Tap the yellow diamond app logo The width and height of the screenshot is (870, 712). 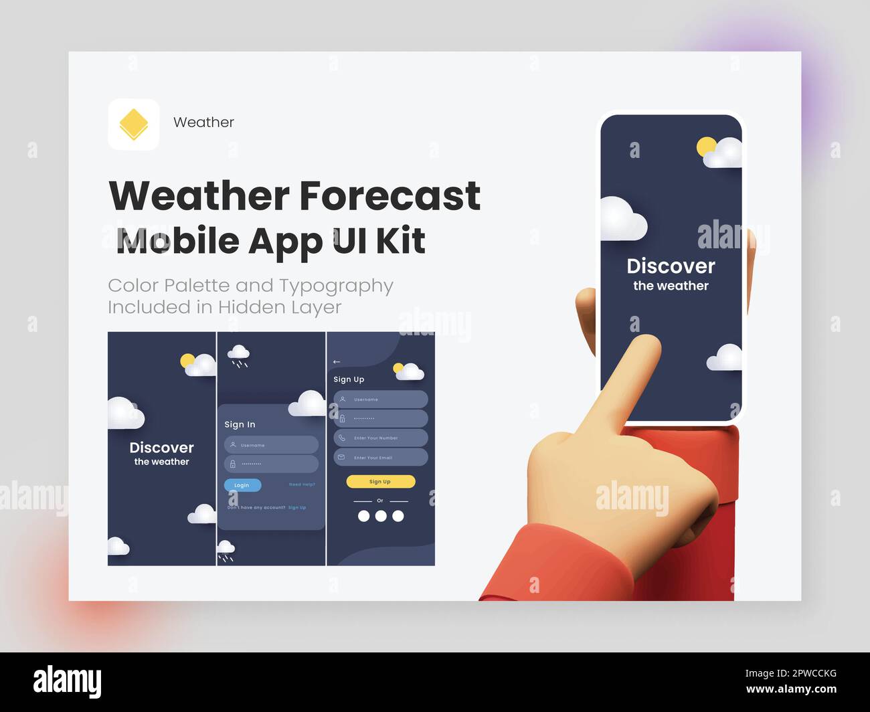point(133,124)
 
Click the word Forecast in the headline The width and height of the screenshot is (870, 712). point(389,195)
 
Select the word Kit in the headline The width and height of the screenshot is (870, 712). point(400,241)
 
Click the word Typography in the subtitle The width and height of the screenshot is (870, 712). point(336,286)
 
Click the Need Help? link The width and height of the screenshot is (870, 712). point(302,484)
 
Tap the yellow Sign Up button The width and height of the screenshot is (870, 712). point(380,481)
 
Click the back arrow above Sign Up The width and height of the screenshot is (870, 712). point(337,362)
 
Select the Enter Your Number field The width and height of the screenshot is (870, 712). point(380,438)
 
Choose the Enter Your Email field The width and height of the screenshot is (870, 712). point(380,458)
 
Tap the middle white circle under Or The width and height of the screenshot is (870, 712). point(381,516)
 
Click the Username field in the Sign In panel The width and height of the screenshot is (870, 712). point(271,445)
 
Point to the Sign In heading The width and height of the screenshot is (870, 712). point(240,424)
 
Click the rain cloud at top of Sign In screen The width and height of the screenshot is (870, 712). point(238,353)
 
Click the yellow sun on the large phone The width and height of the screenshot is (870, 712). point(705,147)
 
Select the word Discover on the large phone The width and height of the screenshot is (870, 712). point(671,266)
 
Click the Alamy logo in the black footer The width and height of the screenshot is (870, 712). point(67,682)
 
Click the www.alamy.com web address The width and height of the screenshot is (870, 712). point(791,689)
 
